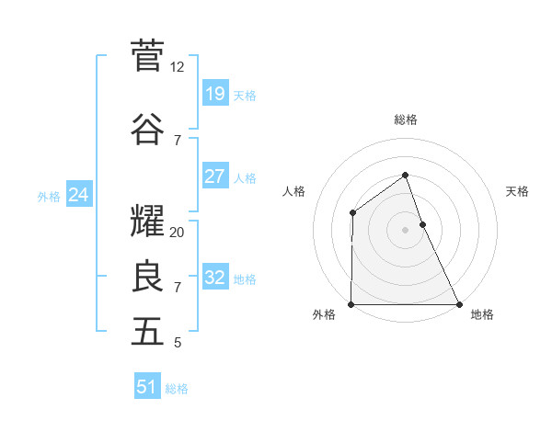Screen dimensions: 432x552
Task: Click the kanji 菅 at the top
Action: [147, 56]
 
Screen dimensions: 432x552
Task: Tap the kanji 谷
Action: [147, 129]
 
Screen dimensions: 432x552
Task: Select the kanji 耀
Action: [147, 222]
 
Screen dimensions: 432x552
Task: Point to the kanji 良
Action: [147, 277]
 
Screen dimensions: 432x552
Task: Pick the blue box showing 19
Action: [214, 94]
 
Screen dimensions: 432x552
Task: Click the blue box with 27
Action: [214, 176]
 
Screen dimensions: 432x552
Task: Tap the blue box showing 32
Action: [214, 279]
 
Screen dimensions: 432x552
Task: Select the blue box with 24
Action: [78, 195]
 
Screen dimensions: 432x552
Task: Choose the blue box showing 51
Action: [147, 387]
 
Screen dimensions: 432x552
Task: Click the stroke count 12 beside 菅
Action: [178, 67]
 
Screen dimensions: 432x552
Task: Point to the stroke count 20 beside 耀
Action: [178, 233]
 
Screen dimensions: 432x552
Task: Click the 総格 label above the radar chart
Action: [405, 119]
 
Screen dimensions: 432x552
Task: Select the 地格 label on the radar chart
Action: [481, 314]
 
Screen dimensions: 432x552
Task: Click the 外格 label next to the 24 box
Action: [49, 196]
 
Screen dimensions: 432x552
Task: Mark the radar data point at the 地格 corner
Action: [458, 304]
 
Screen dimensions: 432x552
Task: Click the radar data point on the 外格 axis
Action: [351, 304]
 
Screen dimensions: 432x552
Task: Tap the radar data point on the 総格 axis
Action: [405, 175]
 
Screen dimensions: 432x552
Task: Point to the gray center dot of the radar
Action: [405, 230]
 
